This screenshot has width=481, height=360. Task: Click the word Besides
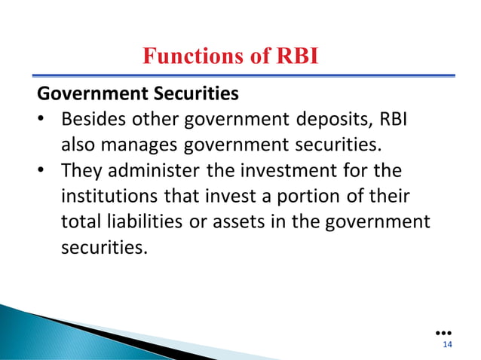[93, 121]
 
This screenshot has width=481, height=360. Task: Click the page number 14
[448, 345]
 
